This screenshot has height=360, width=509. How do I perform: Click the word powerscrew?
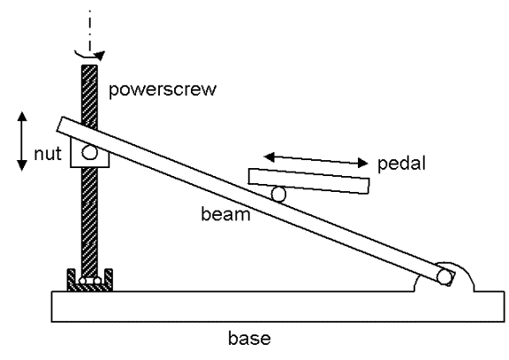click(163, 89)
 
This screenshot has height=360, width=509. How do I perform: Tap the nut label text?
click(48, 154)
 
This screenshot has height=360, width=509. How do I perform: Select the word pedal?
click(401, 163)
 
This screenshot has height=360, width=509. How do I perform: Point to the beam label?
click(225, 214)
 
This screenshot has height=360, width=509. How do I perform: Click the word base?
click(249, 339)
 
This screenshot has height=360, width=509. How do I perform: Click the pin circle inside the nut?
click(89, 152)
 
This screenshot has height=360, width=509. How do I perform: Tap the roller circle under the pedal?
click(278, 195)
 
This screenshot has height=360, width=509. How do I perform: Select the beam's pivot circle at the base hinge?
click(444, 277)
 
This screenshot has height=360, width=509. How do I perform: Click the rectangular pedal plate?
click(309, 181)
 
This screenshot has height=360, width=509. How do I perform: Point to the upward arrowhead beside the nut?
click(22, 117)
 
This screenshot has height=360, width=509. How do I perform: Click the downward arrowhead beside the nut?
click(22, 165)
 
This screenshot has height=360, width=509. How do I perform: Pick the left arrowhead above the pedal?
click(270, 157)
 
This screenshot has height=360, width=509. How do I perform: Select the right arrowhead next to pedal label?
click(362, 163)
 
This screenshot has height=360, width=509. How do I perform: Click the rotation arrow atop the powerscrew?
click(90, 56)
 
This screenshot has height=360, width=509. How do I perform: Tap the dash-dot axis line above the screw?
click(89, 30)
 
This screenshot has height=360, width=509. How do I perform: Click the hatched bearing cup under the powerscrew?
click(90, 280)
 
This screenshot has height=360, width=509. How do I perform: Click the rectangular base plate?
click(277, 306)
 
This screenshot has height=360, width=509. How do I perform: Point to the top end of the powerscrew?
click(89, 66)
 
